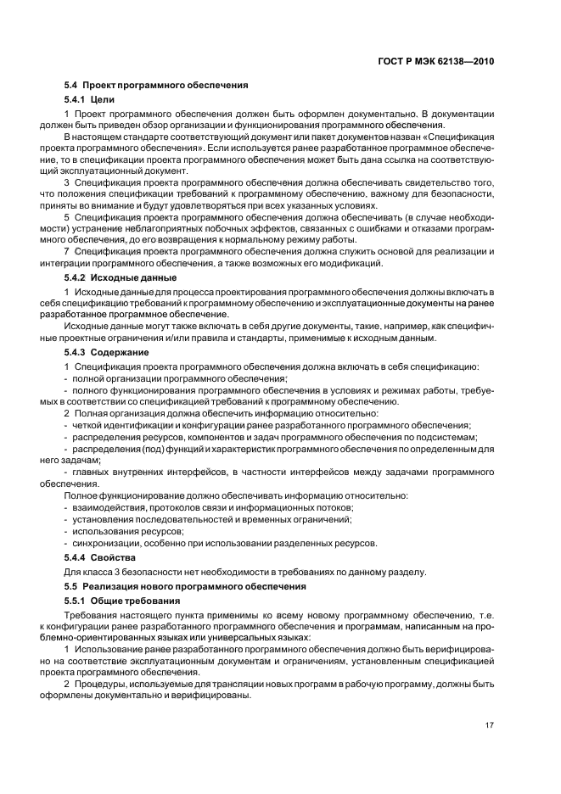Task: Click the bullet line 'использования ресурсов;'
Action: click(124, 530)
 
